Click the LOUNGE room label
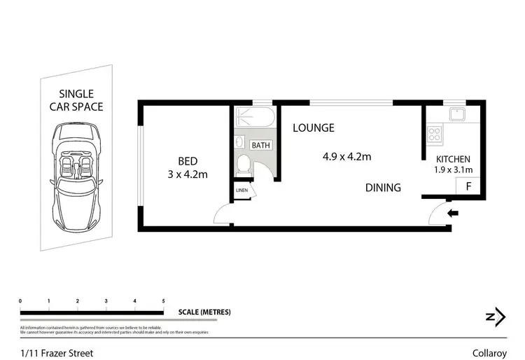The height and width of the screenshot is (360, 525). click(x=313, y=128)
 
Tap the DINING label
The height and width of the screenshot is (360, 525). click(x=383, y=188)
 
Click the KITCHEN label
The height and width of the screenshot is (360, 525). click(x=453, y=159)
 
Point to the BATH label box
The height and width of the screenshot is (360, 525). click(x=261, y=146)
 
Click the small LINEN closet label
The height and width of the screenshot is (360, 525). click(x=242, y=191)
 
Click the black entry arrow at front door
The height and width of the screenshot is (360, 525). click(x=453, y=214)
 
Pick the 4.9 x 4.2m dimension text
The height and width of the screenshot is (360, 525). click(x=346, y=157)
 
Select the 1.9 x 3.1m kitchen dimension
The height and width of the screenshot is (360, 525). click(x=454, y=169)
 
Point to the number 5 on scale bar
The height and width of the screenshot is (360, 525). click(x=163, y=301)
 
